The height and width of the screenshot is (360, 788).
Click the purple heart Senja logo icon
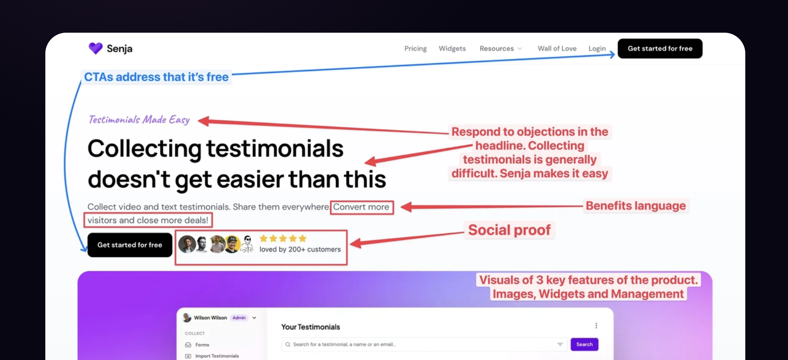pyautogui.click(x=95, y=48)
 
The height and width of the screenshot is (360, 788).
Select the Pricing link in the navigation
pyautogui.click(x=415, y=48)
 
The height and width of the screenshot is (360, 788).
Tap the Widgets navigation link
pyautogui.click(x=452, y=48)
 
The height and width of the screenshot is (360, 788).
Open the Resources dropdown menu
pyautogui.click(x=501, y=48)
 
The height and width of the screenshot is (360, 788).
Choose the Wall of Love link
pyautogui.click(x=557, y=48)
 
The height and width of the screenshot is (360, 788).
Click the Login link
pyautogui.click(x=597, y=48)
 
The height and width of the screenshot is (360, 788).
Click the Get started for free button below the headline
pyautogui.click(x=130, y=245)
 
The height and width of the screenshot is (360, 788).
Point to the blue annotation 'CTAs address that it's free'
pyautogui.click(x=156, y=77)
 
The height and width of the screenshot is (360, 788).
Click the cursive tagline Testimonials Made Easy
pyautogui.click(x=139, y=119)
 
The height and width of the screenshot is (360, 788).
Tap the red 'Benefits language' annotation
pyautogui.click(x=635, y=206)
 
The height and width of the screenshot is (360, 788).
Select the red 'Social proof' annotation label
pyautogui.click(x=509, y=230)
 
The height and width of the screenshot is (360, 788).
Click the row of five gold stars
pyautogui.click(x=283, y=238)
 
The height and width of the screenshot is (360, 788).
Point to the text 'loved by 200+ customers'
pyautogui.click(x=300, y=249)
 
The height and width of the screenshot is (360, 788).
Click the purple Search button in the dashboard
pyautogui.click(x=584, y=344)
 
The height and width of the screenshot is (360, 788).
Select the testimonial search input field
pyautogui.click(x=425, y=344)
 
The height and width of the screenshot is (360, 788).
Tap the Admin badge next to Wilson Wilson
pyautogui.click(x=239, y=318)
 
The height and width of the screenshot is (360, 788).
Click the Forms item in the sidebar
pyautogui.click(x=202, y=345)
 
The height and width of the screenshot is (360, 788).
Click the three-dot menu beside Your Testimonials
pyautogui.click(x=596, y=326)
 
